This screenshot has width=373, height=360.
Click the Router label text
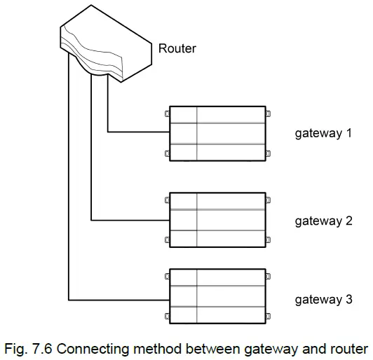pos(177,48)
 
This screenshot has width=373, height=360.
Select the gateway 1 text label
pos(323,132)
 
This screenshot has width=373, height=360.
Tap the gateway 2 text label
pos(323,221)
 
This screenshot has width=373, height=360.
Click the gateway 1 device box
pos(217,134)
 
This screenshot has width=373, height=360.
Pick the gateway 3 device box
pos(217,296)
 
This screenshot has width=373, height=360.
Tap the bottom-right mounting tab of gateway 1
pos(268,154)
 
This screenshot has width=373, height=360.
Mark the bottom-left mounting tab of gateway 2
pos(167,240)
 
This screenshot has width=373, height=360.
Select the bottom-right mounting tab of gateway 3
pos(268,316)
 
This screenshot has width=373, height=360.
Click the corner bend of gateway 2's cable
pos(92,220)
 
